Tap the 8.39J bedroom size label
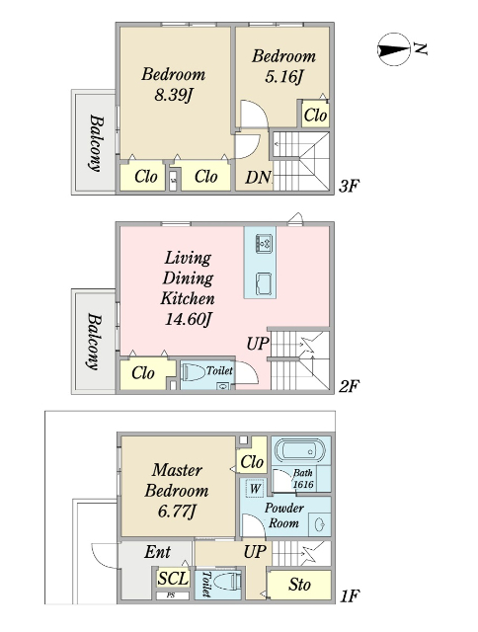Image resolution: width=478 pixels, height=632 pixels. (173, 95)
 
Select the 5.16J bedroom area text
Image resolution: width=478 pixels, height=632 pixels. (283, 76)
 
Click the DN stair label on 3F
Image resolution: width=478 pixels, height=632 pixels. (258, 178)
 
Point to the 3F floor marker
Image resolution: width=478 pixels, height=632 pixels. (349, 187)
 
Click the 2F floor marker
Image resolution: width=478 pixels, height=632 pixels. (349, 386)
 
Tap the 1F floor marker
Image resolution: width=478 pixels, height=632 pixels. (350, 595)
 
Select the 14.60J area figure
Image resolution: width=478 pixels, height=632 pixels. (188, 319)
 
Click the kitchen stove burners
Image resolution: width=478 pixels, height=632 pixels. (264, 244)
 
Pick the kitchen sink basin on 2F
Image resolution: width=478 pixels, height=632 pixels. (264, 283)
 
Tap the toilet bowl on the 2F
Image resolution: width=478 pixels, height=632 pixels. (194, 371)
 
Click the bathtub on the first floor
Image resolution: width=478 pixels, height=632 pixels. (300, 450)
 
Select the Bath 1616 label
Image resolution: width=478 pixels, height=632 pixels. (303, 478)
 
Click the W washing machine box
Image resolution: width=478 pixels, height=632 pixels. (255, 489)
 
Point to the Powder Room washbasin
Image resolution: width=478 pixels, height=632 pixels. (320, 524)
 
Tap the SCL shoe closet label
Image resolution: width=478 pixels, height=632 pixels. (173, 579)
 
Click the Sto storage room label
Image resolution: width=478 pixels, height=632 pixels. (299, 585)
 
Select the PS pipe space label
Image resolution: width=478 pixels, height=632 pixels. (171, 594)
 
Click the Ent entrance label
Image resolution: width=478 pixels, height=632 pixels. (158, 552)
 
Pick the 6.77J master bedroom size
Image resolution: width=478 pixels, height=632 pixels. (177, 512)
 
